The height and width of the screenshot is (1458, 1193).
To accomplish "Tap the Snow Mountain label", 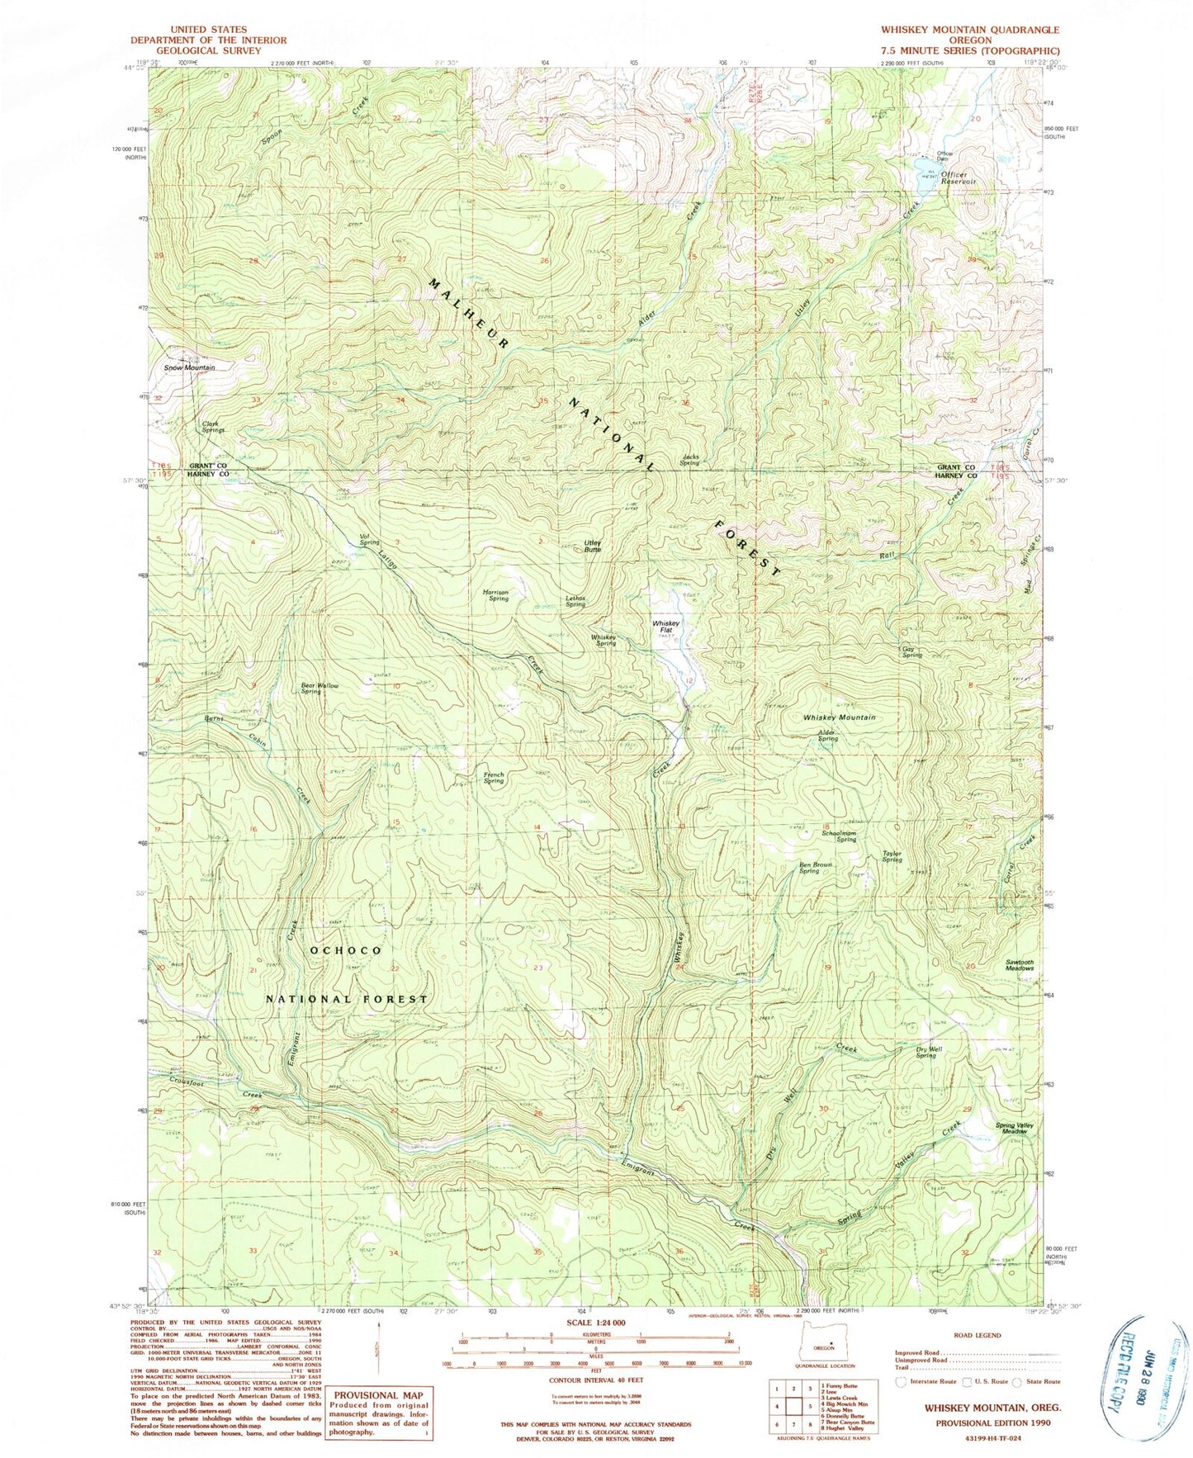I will (189, 367).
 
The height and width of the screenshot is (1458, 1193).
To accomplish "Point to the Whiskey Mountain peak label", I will (839, 717).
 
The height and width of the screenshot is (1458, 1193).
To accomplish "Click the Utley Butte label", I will (593, 546).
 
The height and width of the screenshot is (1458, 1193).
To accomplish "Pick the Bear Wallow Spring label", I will (320, 688).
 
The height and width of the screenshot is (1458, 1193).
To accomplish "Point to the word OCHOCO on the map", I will (346, 950).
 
